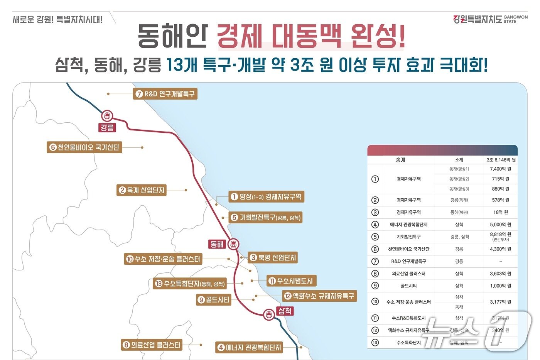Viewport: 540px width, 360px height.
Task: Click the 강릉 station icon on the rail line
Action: click(107, 115)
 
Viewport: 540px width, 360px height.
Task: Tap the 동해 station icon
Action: click(233, 244)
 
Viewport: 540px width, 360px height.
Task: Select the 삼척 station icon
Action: click(269, 314)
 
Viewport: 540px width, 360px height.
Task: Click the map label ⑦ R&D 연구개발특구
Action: click(165, 94)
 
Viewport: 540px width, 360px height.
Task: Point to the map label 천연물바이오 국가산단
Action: click(84, 147)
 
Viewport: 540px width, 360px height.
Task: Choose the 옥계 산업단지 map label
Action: click(142, 190)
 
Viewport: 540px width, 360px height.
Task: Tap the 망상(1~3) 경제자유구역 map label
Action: click(266, 197)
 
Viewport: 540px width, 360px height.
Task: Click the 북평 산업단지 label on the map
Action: click(273, 257)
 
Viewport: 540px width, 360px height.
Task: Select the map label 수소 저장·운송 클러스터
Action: click(163, 259)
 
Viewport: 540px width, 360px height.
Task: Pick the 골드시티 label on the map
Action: click(213, 300)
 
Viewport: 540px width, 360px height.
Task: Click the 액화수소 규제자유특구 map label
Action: click(319, 296)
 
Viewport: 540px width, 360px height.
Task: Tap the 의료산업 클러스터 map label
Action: click(152, 345)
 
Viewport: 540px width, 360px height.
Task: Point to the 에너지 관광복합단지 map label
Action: click(249, 347)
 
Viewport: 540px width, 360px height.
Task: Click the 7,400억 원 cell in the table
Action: click(500, 169)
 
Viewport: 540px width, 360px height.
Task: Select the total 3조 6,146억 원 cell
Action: click(501, 160)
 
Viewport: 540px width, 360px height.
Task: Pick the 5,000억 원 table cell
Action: click(500, 225)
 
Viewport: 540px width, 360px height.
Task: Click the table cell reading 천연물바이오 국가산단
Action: click(408, 249)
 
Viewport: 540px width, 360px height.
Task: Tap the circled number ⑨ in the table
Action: click(375, 286)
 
